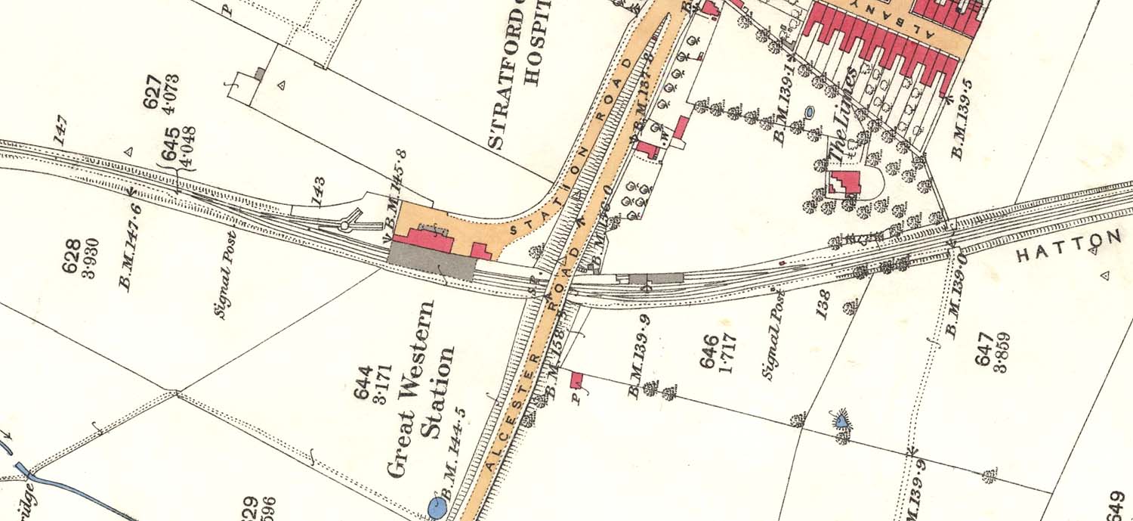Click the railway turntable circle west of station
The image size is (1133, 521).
pos(346,225)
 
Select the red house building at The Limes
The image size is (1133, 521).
pos(844,183)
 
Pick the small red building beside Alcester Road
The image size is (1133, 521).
pos(577,380)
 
